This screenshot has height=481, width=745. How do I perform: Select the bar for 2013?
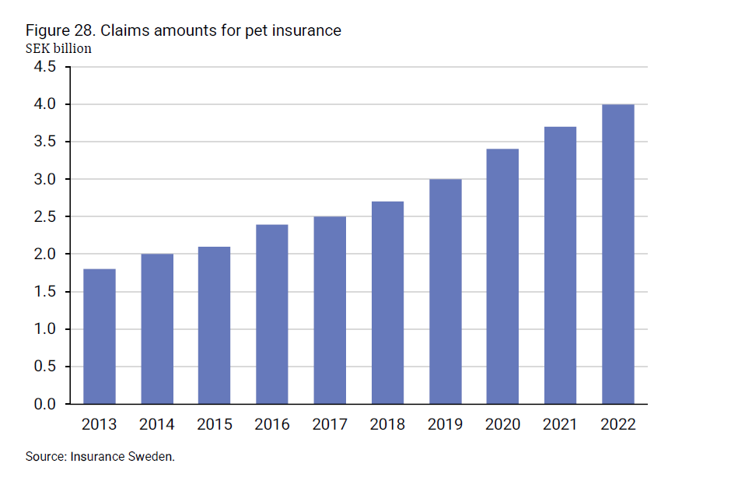(x=99, y=336)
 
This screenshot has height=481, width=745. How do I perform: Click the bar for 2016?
(x=271, y=314)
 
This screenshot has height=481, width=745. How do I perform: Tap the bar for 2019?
(x=445, y=292)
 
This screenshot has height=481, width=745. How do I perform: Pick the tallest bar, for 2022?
(x=617, y=255)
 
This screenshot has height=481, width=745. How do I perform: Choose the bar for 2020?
(x=502, y=276)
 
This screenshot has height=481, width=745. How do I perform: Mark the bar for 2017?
(x=330, y=311)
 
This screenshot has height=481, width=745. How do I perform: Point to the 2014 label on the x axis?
(x=156, y=425)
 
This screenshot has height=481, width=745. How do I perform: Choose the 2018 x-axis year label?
(x=387, y=425)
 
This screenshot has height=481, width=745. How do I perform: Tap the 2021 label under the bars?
(x=560, y=425)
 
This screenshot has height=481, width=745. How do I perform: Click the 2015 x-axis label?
(x=214, y=425)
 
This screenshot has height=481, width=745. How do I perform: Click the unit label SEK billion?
(x=58, y=48)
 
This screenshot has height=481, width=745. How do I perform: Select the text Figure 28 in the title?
(x=57, y=30)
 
